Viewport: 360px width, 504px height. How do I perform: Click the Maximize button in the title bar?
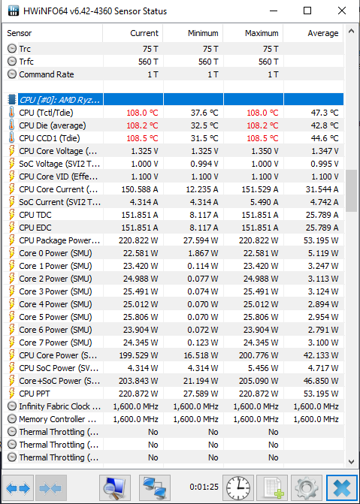tap(307, 11)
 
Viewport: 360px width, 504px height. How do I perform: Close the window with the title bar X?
tap(342, 11)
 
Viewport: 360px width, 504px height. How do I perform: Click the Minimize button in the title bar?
tap(274, 11)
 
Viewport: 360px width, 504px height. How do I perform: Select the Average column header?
tap(322, 33)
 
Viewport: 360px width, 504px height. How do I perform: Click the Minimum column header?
tap(203, 33)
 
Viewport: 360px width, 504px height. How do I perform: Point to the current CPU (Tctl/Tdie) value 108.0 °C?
tap(142, 113)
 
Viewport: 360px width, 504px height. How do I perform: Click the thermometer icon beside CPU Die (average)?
tap(11, 125)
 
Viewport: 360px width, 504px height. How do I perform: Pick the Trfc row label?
tap(26, 62)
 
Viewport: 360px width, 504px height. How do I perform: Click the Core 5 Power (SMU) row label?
tap(56, 317)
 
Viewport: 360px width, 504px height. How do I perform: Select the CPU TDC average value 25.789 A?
tap(322, 215)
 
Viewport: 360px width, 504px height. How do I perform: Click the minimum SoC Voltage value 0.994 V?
tap(204, 164)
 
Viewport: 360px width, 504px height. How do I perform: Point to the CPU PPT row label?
tap(35, 394)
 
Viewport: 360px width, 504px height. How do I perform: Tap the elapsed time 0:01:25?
tap(204, 487)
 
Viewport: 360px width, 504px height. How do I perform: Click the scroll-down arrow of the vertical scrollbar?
tap(351, 462)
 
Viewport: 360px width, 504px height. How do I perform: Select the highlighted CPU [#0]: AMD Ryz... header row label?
tap(60, 100)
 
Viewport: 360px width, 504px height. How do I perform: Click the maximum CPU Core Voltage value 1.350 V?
tap(264, 151)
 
